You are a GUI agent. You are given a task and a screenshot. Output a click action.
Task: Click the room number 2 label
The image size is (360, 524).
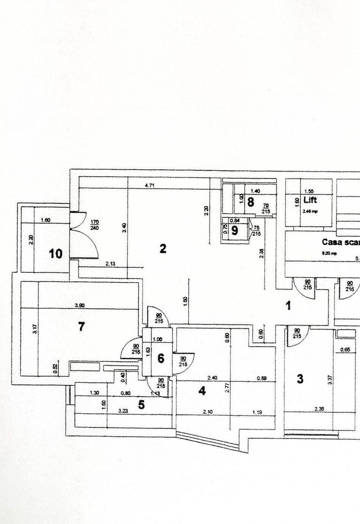163,249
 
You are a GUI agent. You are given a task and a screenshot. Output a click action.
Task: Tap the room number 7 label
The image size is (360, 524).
82,327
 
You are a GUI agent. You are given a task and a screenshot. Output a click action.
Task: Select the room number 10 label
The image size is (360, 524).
56,253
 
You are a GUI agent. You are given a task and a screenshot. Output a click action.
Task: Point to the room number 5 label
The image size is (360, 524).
141,405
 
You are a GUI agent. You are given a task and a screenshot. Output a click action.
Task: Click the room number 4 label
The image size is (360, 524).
202,390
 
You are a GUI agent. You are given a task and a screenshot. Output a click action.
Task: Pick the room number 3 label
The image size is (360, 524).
300,379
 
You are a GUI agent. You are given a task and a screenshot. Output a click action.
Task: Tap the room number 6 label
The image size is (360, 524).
161,359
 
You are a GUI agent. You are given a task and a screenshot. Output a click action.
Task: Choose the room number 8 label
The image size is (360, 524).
250,202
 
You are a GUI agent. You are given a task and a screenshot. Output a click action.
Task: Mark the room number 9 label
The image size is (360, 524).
235,230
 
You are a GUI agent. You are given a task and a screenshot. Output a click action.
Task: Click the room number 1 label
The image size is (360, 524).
288,306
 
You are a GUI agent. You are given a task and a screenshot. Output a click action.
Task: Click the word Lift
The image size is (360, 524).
311,200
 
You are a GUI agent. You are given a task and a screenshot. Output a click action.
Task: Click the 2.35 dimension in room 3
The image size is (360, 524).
319,409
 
